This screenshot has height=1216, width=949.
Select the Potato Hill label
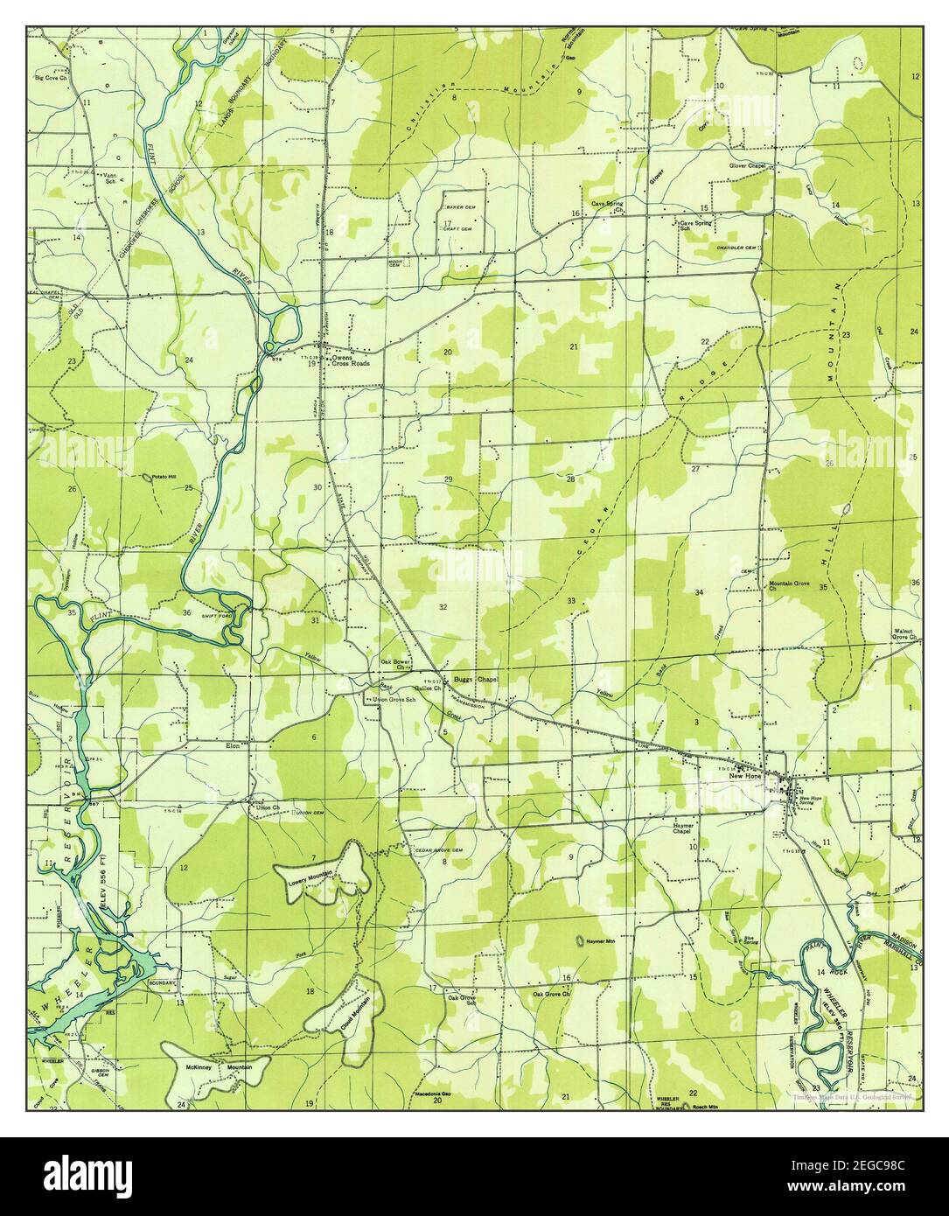164,477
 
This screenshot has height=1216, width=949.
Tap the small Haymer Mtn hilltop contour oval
578,941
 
